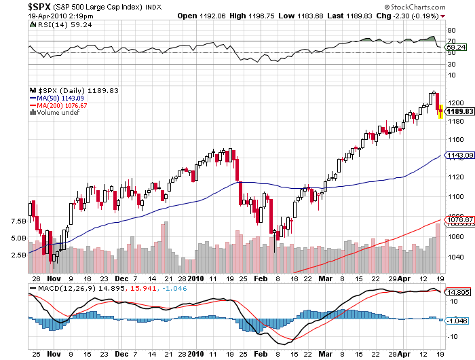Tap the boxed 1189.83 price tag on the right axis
coord(459,110)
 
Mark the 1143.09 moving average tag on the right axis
coord(459,156)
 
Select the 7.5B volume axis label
coord(19,221)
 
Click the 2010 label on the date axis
coord(197,278)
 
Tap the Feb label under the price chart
coord(261,278)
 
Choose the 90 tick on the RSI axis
coord(450,31)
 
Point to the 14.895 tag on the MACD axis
coord(459,292)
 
